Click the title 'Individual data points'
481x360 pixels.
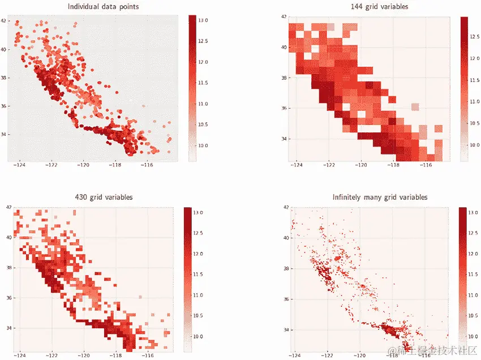[103, 7]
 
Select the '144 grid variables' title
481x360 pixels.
[371, 7]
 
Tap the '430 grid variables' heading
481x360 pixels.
[104, 198]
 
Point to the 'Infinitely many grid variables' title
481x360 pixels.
[380, 198]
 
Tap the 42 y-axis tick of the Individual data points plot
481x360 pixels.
[3, 21]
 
